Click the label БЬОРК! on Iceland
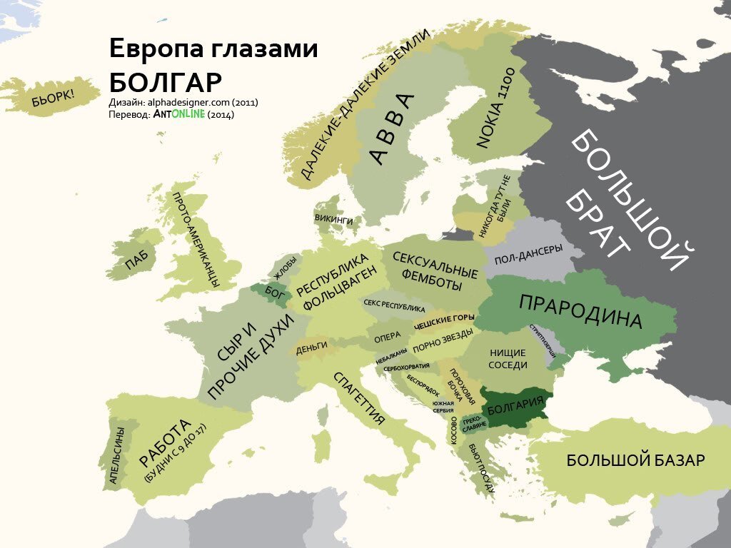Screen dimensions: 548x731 (53, 97)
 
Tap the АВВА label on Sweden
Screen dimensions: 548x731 (392, 129)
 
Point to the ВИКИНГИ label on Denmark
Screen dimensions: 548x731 (333, 220)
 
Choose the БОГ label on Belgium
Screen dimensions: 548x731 (275, 291)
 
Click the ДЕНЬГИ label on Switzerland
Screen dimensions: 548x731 (311, 347)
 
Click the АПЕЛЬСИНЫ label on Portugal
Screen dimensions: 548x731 (115, 455)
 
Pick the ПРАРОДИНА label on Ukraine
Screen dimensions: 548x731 (580, 311)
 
